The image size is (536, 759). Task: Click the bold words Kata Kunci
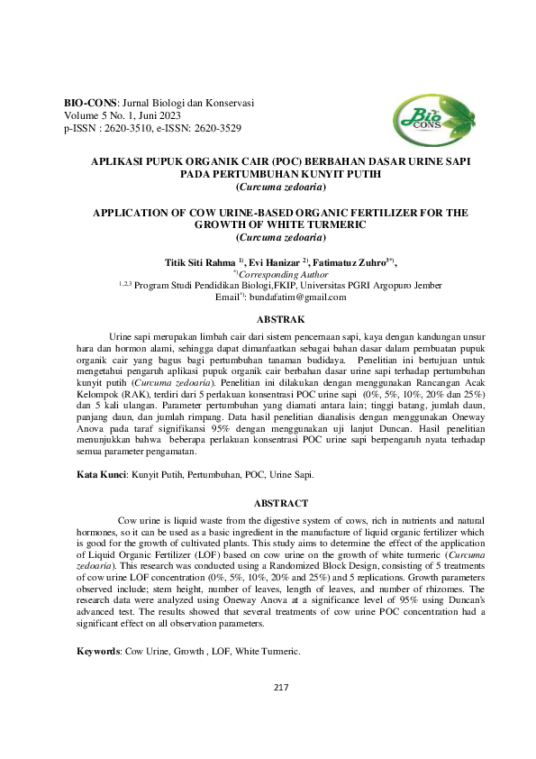coord(100,472)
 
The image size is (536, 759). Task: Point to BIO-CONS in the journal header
coord(88,104)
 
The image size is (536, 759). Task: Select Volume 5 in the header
coord(87,116)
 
